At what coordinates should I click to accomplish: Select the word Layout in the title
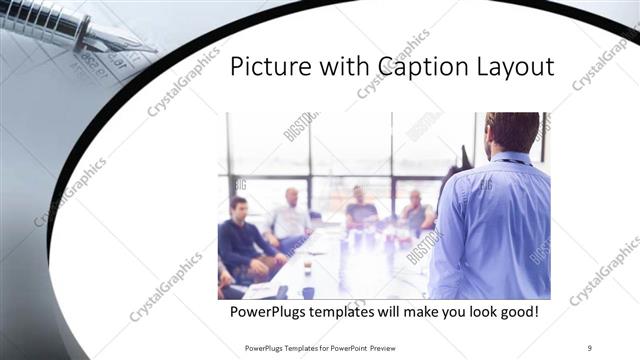point(513,67)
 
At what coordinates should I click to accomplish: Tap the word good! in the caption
point(519,313)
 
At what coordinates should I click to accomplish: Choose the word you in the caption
point(447,313)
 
